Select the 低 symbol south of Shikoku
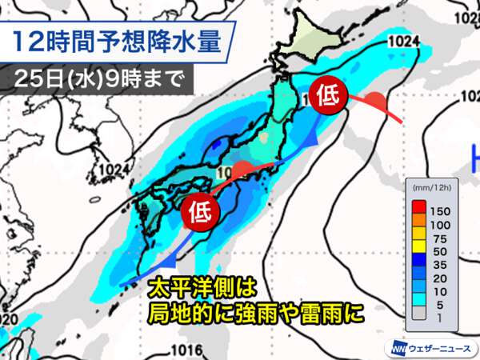coord(200,212)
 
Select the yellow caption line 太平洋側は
coord(206,286)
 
